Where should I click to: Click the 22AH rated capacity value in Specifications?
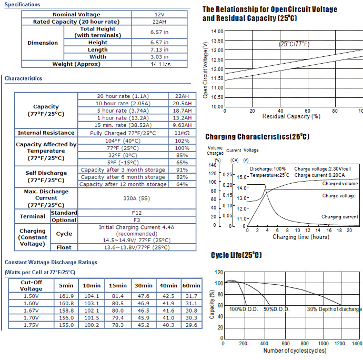pos(159,22)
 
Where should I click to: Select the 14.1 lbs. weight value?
pos(162,64)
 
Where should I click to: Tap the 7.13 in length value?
pos(159,50)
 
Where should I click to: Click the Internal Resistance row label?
pos(46,133)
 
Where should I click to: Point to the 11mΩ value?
pos(182,133)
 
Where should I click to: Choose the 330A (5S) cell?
pos(137,198)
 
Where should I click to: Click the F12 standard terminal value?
pos(137,213)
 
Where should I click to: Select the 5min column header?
pos(66,286)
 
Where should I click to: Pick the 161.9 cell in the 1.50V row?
pos(66,296)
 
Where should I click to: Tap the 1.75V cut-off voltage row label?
pos(31,325)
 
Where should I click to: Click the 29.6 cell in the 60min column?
pos(191,325)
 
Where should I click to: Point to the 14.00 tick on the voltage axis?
pos(217,32)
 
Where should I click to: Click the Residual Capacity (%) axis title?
pos(291,116)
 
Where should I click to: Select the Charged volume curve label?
pos(340,184)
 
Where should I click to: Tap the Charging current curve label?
pos(340,217)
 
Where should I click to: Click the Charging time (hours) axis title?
pos(301,237)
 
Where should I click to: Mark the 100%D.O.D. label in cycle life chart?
pos(244,309)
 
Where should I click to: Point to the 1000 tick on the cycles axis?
pos(323,343)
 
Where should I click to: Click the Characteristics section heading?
pos(23,78)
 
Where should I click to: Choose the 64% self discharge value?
pos(182,184)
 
